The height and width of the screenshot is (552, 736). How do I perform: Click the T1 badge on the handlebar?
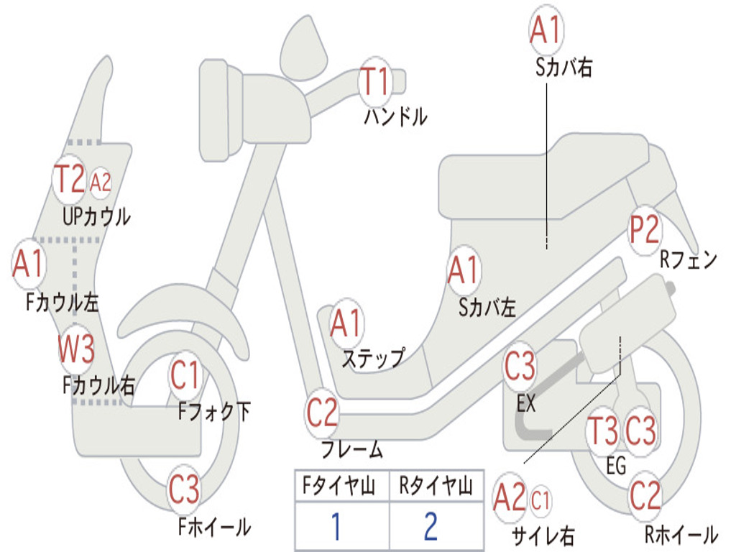374,80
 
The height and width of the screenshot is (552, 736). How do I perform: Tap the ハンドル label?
395,115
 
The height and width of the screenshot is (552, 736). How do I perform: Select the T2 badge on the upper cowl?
70,179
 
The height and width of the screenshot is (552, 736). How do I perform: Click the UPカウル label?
96,215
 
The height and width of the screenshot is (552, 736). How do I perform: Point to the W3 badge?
76,351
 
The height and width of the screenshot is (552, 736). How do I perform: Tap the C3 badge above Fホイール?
184,491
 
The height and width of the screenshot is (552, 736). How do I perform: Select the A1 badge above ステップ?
346,323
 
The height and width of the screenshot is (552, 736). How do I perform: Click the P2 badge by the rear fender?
644,231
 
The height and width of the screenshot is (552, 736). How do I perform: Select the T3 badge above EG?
603,431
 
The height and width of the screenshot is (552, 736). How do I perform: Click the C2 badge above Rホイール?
645,495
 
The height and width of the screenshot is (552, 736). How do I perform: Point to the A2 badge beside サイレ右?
510,498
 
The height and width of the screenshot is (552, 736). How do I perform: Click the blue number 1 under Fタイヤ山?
335,527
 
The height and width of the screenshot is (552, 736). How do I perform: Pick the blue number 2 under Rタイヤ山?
431,527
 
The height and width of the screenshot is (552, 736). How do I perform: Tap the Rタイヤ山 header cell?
436,487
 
